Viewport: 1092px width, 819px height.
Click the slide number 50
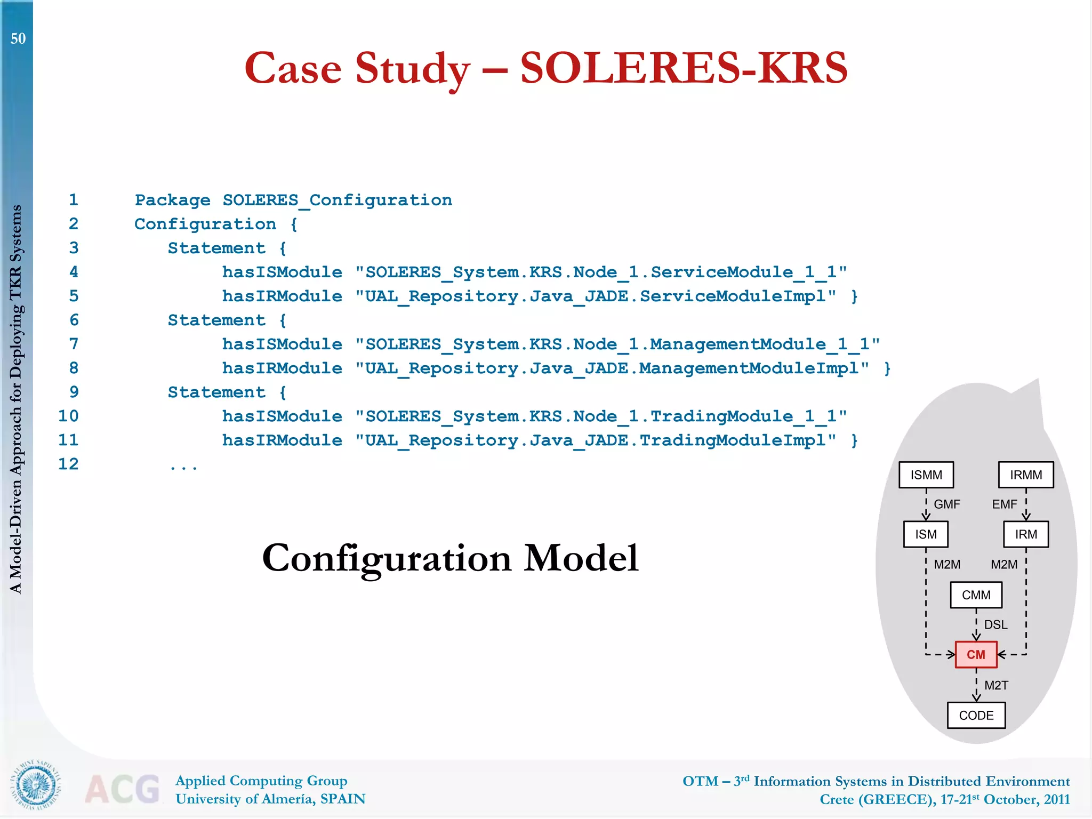18,38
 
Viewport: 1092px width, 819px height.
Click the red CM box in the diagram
976,654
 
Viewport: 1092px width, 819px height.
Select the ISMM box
926,475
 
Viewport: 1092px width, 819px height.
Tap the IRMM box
1026,475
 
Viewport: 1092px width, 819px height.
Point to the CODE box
976,715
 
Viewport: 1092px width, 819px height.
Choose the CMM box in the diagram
976,595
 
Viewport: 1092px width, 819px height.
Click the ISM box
926,534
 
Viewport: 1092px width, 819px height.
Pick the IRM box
1026,534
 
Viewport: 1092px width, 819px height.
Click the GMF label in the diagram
947,504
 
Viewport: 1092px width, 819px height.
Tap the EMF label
1005,504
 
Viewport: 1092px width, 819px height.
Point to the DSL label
995,624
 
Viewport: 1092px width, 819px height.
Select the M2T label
996,685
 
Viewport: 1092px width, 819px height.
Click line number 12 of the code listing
68,464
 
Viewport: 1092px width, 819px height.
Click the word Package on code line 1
172,200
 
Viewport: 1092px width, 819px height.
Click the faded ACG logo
123,789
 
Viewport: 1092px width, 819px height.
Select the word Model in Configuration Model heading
581,558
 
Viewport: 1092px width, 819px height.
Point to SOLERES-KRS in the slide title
684,68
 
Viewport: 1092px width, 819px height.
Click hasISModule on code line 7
282,344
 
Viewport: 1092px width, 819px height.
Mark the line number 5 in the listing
74,296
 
